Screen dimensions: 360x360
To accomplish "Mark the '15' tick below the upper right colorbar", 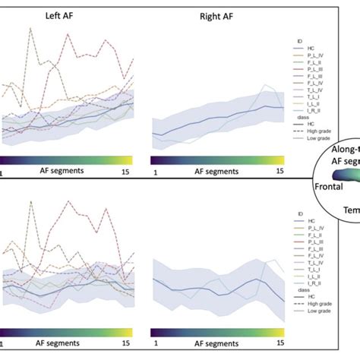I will (x=279, y=172).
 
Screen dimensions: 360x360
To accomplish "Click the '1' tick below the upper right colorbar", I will (x=155, y=172).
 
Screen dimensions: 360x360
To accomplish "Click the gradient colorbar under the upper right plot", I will (x=217, y=160).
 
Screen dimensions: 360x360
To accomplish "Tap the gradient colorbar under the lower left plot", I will (x=68, y=332).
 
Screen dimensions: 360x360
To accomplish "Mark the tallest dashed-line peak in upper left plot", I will (x=30, y=29).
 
